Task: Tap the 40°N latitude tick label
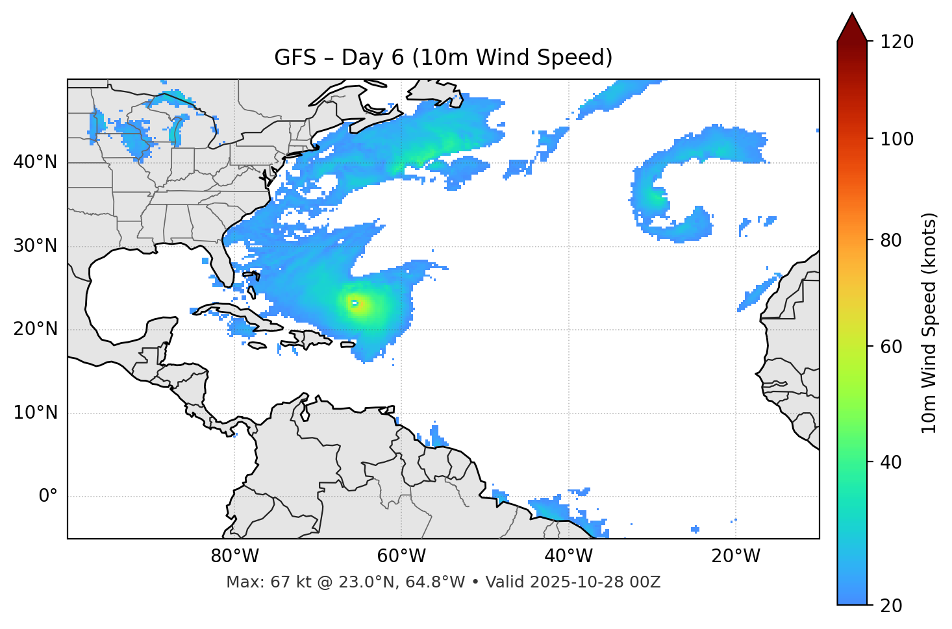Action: [x=35, y=162]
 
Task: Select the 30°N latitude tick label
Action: [x=35, y=246]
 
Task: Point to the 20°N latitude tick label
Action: [x=35, y=329]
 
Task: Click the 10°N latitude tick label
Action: [x=35, y=413]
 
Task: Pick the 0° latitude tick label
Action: [x=47, y=497]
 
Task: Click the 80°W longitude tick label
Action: [x=234, y=556]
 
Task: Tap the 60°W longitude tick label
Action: [x=401, y=556]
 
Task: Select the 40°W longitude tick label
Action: [x=568, y=556]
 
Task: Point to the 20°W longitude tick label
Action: [x=735, y=556]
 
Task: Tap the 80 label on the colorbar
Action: [x=891, y=240]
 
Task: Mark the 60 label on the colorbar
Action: [x=891, y=347]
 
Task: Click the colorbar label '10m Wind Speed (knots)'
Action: [x=929, y=323]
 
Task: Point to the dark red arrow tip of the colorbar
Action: [x=852, y=23]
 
